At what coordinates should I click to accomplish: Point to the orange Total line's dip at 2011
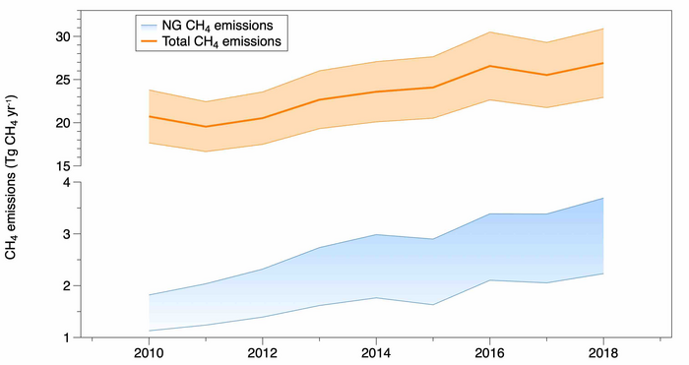click(204, 126)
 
